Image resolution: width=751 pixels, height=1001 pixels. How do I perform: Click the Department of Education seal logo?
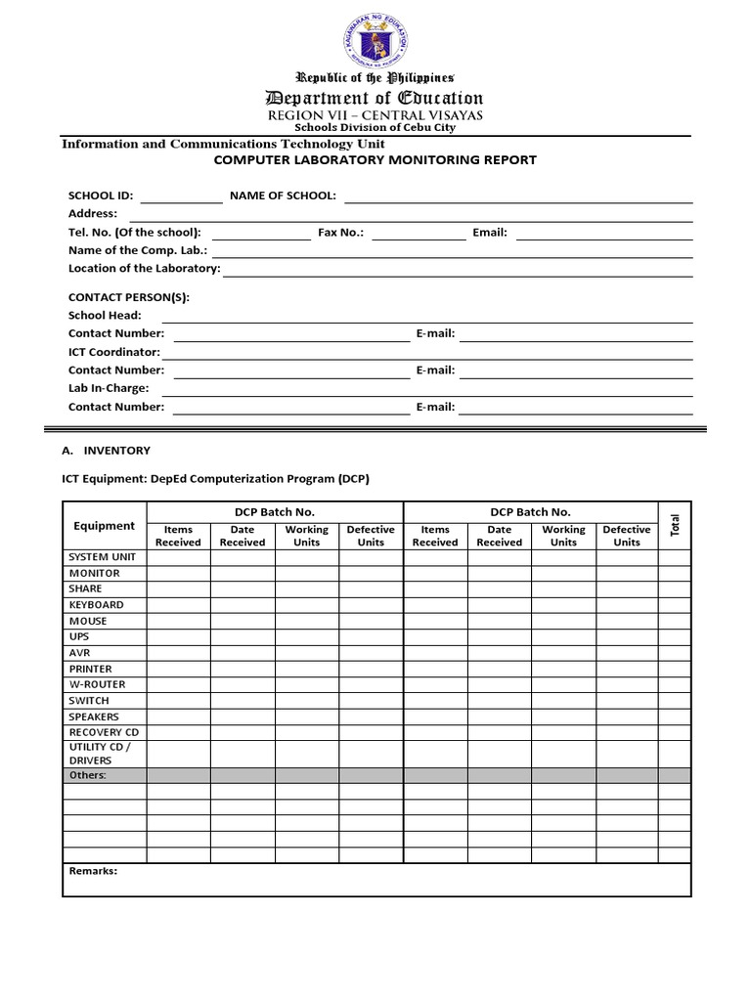[x=375, y=41]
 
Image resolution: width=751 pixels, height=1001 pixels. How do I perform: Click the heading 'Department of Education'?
[x=375, y=98]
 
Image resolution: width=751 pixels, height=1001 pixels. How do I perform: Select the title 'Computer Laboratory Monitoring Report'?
[x=375, y=160]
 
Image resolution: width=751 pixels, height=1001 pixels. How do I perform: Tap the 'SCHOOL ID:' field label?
[x=101, y=196]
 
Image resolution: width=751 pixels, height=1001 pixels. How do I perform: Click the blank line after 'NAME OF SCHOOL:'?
[x=518, y=199]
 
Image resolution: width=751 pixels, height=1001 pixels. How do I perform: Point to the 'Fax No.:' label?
[x=341, y=233]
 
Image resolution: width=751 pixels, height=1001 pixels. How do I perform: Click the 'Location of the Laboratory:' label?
[x=144, y=269]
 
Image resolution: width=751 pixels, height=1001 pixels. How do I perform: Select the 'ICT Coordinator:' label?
[x=113, y=352]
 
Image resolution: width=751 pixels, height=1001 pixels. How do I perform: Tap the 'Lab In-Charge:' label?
[x=109, y=388]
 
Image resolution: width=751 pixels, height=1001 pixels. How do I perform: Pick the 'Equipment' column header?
[x=105, y=526]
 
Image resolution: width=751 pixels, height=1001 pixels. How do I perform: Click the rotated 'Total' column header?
[x=675, y=525]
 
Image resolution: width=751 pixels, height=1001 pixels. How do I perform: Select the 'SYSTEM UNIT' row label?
[x=102, y=557]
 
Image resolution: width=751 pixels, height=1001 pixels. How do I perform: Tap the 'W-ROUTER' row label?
[x=97, y=684]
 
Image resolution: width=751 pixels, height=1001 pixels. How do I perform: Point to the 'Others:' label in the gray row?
[x=87, y=775]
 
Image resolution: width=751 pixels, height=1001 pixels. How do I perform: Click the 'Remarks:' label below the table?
[x=93, y=871]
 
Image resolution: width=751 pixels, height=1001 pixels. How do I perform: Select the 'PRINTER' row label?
[x=90, y=669]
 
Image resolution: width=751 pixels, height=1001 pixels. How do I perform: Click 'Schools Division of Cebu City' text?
[x=375, y=128]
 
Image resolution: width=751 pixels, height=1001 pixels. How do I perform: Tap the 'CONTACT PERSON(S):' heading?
[x=129, y=297]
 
